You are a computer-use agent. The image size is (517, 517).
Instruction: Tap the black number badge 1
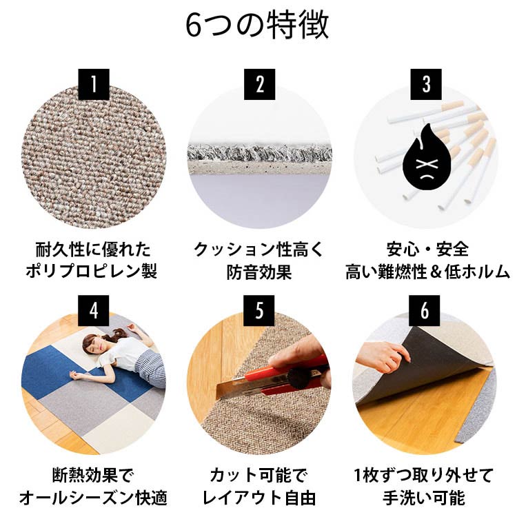click(94, 84)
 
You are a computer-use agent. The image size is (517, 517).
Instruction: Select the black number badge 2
click(259, 84)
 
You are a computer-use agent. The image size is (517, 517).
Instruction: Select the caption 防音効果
click(259, 271)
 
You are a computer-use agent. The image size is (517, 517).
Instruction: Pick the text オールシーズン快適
click(93, 497)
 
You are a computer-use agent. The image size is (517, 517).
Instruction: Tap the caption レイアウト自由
click(259, 497)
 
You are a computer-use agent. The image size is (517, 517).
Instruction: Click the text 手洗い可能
click(425, 497)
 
